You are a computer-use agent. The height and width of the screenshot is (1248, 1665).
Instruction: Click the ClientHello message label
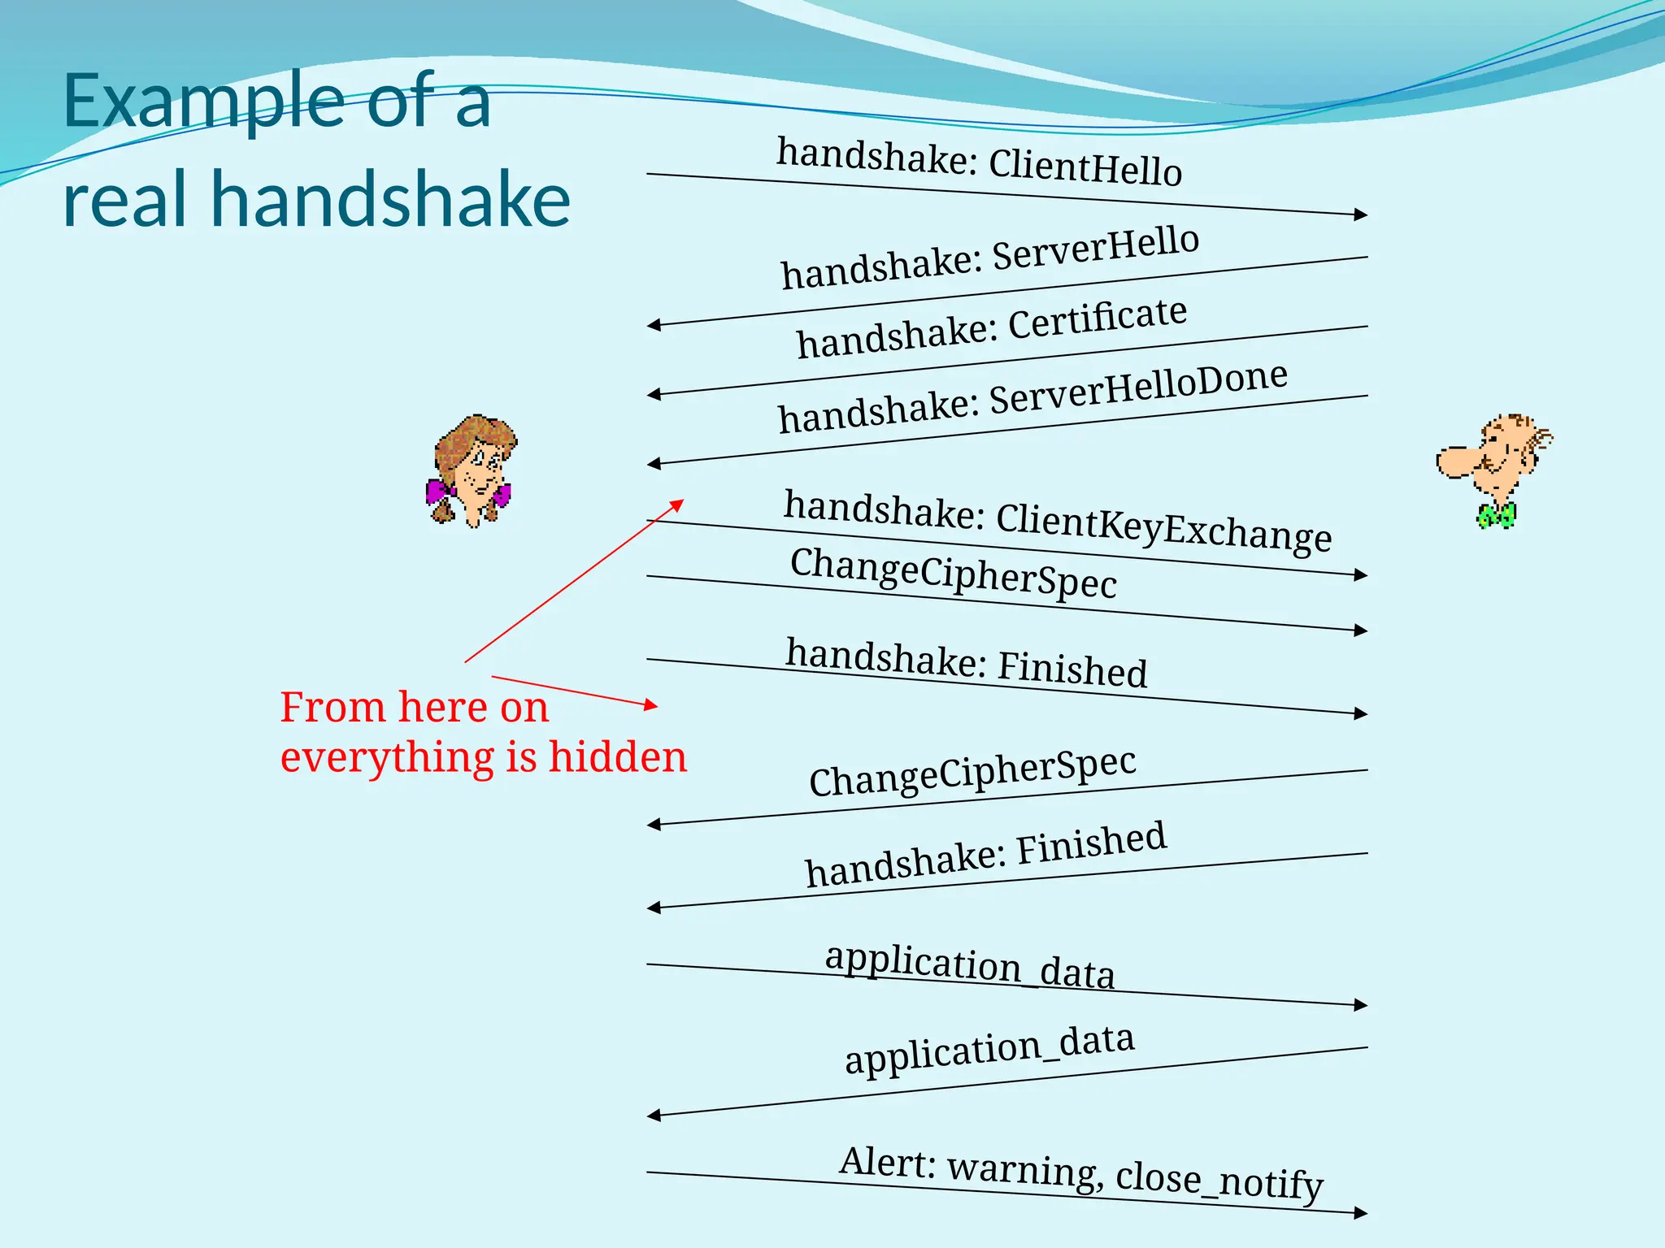[x=1085, y=167]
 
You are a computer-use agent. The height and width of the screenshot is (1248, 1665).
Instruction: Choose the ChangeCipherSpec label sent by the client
[x=953, y=574]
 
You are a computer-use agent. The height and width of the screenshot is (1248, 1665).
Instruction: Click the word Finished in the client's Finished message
[x=1072, y=669]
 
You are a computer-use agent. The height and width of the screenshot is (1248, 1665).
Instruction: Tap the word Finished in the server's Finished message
[x=1091, y=845]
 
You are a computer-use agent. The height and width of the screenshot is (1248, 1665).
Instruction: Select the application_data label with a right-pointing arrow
[x=969, y=966]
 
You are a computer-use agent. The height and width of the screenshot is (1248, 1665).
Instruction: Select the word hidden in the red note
[x=617, y=757]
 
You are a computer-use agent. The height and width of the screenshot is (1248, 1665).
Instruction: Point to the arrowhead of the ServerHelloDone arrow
[x=654, y=464]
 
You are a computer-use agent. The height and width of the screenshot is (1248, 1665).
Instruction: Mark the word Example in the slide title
[x=203, y=102]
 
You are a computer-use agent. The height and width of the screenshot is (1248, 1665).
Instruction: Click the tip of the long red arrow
[x=681, y=502]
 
